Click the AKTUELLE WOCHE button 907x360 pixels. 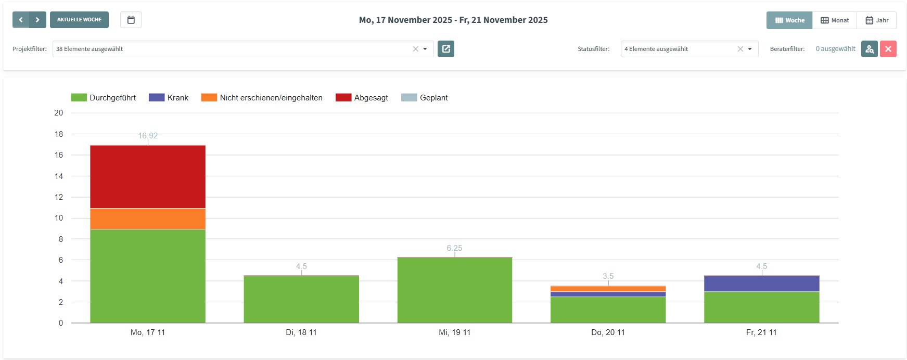(x=79, y=20)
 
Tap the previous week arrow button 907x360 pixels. (x=21, y=20)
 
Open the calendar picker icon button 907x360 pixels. (x=131, y=20)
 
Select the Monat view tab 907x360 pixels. (x=835, y=20)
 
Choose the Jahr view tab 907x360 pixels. (x=877, y=20)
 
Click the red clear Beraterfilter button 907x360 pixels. (x=888, y=49)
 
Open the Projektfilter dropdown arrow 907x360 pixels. (x=425, y=49)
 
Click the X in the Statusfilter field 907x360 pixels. (x=740, y=49)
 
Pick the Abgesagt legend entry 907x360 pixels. (x=362, y=98)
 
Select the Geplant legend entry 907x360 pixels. (x=425, y=98)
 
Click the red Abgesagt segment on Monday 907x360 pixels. (x=148, y=177)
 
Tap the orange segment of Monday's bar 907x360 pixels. (x=148, y=219)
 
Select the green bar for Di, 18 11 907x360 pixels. (x=301, y=299)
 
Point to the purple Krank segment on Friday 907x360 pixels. (x=761, y=284)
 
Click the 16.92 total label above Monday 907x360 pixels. (x=148, y=136)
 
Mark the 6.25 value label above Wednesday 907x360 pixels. (x=454, y=248)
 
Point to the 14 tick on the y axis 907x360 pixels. (x=59, y=176)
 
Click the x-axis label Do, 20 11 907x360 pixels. (x=608, y=332)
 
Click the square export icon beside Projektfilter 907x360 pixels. (x=446, y=49)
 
